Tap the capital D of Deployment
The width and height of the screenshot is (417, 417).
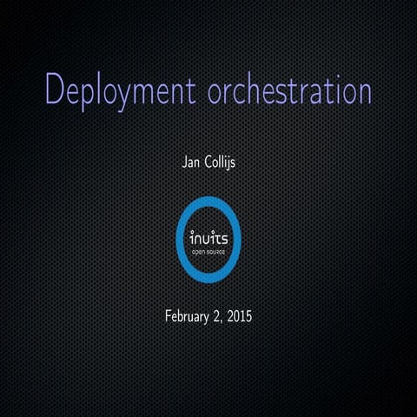55,89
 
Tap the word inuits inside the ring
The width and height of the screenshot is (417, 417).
208,236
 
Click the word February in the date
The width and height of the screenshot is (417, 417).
187,314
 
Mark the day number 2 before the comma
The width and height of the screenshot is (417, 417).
215,314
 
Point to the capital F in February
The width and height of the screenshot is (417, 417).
168,314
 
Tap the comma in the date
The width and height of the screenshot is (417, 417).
221,319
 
